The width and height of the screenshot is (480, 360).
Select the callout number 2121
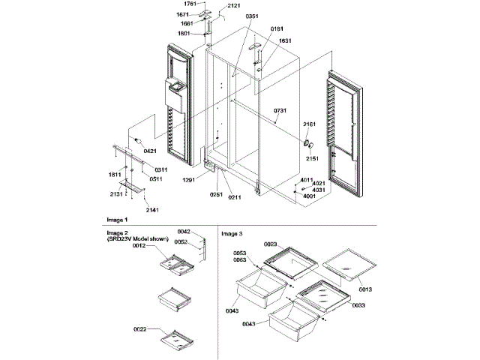pyautogui.click(x=234, y=7)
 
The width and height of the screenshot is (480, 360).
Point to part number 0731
pyautogui.click(x=280, y=110)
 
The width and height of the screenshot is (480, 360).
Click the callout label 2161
pyautogui.click(x=310, y=124)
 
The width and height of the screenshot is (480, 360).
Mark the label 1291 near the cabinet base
pyautogui.click(x=189, y=179)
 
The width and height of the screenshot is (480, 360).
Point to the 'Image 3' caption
pyautogui.click(x=232, y=233)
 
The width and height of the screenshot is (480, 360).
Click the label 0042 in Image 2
pyautogui.click(x=184, y=231)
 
